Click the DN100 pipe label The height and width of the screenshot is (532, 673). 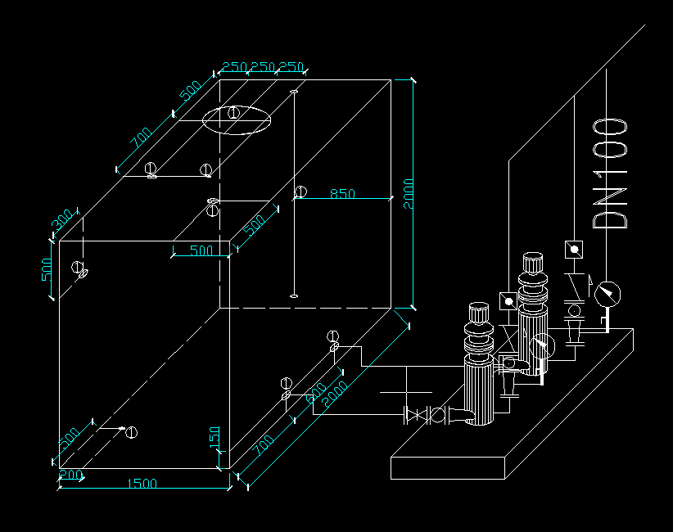[610, 174]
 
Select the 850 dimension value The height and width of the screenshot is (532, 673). [342, 194]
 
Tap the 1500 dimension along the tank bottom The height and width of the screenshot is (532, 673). [142, 484]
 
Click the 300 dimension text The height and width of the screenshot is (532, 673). [62, 222]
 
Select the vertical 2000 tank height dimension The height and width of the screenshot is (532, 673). [409, 194]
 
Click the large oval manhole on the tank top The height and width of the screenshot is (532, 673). [236, 119]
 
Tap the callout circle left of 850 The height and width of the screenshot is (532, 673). [300, 192]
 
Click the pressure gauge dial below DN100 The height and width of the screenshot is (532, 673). [608, 292]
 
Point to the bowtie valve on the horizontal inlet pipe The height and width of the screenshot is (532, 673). [418, 416]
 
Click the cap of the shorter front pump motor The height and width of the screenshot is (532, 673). [478, 313]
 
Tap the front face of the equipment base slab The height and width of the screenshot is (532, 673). [449, 467]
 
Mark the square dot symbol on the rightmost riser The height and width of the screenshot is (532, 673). [574, 248]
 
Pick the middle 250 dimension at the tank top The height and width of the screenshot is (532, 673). [263, 66]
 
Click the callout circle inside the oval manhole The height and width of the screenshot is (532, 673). [234, 112]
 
